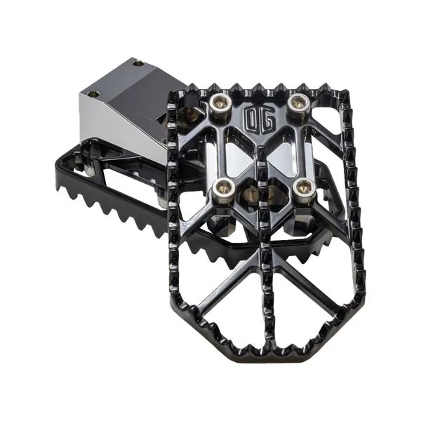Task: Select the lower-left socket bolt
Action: point(224,189)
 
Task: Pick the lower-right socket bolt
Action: point(305,188)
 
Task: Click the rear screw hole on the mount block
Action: point(138,64)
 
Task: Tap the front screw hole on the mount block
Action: point(95,94)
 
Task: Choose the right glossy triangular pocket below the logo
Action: point(282,159)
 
